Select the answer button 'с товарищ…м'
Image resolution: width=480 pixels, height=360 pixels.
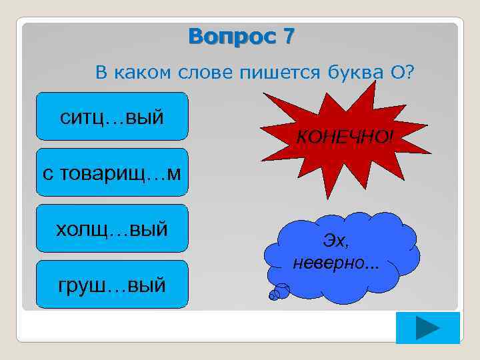[112, 173]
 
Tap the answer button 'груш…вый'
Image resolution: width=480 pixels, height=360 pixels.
[112, 285]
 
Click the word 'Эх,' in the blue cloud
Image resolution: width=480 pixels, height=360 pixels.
[335, 240]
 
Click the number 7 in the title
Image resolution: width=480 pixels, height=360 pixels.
[287, 37]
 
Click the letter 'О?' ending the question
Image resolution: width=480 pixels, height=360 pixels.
[402, 72]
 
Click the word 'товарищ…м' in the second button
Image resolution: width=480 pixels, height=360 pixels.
[121, 173]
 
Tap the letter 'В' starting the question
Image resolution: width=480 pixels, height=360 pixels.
[101, 72]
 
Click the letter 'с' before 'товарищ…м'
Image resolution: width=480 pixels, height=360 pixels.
[47, 173]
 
